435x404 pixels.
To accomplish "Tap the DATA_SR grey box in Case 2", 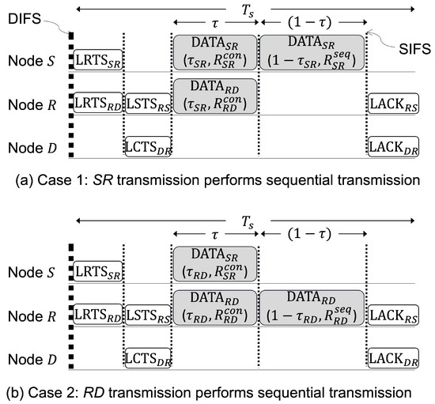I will [214, 263].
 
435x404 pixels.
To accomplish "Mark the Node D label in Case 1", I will [33, 146].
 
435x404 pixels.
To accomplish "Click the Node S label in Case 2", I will [33, 271].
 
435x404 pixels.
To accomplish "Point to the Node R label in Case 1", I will [33, 103].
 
